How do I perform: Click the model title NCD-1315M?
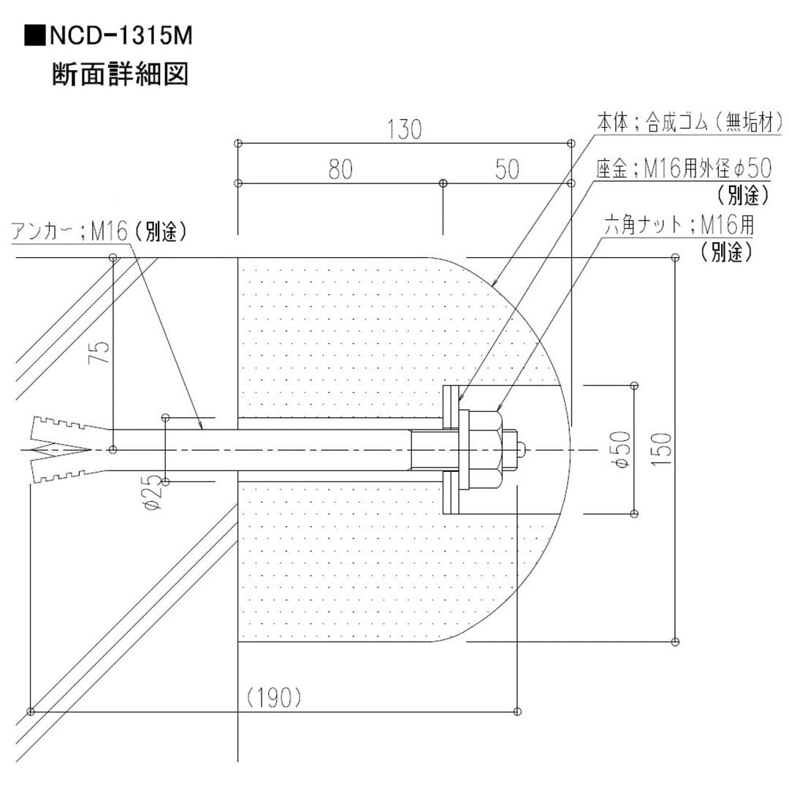point(121,36)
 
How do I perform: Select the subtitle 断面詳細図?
point(120,75)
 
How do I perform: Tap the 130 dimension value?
point(404,129)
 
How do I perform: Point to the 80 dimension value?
point(340,169)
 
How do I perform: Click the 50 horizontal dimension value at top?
point(506,169)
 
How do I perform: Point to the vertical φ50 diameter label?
point(620,449)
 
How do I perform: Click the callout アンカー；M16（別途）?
point(100,232)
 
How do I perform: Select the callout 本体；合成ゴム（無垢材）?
point(690,123)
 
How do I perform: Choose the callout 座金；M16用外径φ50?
point(683,169)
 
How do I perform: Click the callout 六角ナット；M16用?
point(679,224)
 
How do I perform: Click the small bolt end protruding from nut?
point(520,449)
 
